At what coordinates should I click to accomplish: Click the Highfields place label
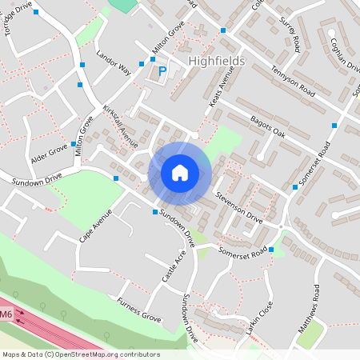[216, 61]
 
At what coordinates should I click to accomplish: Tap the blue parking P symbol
[162, 71]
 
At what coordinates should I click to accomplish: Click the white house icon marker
[180, 172]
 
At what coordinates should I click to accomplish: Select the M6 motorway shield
[6, 314]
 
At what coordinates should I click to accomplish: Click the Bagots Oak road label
[267, 125]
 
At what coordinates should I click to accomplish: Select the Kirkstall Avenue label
[120, 128]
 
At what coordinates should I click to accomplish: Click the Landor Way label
[113, 63]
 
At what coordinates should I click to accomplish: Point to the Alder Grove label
[50, 150]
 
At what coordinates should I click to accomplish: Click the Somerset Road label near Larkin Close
[243, 252]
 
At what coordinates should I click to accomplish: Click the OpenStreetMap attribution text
[80, 354]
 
